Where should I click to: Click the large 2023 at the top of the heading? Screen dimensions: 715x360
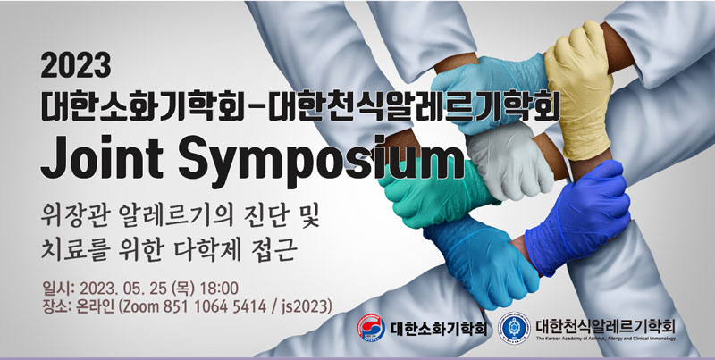pos(76,65)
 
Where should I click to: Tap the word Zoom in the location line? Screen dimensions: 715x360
pos(139,306)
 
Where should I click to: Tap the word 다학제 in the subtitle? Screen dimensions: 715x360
pos(206,250)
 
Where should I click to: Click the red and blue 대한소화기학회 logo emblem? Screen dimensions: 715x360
pos(371,328)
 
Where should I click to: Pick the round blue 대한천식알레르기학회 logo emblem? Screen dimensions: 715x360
pos(515,328)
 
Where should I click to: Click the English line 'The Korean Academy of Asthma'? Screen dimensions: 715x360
pos(606,339)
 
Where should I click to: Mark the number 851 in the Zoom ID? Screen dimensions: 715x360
pos(175,306)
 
